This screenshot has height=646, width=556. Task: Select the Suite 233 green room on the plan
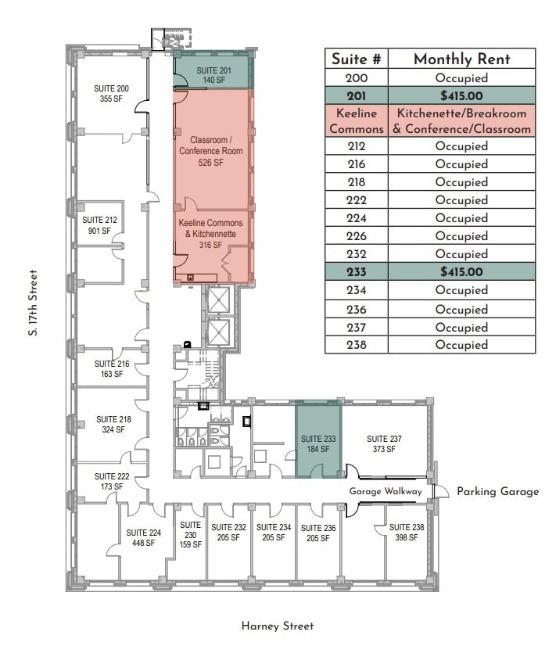coord(317,443)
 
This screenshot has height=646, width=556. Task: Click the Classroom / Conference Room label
coord(211,151)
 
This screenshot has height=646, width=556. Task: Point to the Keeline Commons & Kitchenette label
coord(211,234)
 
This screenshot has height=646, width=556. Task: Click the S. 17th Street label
coord(33,303)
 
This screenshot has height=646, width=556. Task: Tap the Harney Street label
coord(277,626)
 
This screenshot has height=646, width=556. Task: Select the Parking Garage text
coord(498,491)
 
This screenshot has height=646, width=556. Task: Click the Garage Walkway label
coord(386,491)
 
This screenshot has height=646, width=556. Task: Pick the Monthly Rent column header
coord(461,59)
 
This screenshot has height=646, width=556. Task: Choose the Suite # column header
coord(357,59)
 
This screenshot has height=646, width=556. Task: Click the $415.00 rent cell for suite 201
coord(461,96)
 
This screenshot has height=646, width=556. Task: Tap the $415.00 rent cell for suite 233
coord(461,272)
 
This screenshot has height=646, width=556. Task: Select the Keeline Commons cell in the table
coord(357,120)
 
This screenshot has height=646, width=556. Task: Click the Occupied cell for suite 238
coord(461,345)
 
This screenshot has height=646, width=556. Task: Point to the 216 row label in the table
coord(357,164)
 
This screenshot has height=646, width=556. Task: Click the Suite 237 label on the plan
coord(384,443)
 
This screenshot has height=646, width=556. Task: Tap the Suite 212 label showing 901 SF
coord(99,225)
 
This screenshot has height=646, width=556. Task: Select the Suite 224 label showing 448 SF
coord(143,538)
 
